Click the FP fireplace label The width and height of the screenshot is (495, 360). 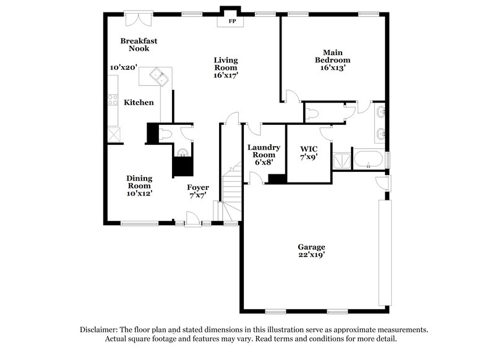click(233, 21)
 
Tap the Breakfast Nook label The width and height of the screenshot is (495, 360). click(139, 45)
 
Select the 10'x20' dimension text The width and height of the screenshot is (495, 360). click(123, 67)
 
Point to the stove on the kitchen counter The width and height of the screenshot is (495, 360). click(113, 99)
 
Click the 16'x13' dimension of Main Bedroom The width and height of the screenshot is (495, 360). click(332, 69)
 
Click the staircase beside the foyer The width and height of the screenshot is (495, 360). click(230, 192)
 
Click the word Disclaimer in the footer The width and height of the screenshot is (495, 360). click(100, 330)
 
